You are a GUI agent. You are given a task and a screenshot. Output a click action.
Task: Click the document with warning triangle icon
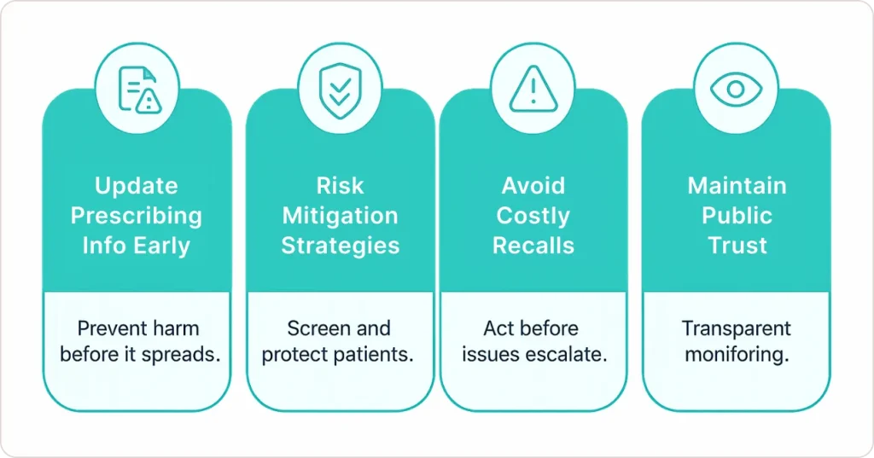click(137, 89)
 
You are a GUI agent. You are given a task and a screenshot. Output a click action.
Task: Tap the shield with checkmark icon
click(340, 89)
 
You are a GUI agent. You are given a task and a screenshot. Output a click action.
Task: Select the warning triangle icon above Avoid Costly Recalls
click(533, 89)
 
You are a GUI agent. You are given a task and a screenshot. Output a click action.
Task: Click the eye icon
click(735, 89)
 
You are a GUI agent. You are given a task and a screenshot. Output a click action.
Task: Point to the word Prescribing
click(137, 216)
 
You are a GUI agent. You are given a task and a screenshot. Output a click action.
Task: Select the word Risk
click(340, 186)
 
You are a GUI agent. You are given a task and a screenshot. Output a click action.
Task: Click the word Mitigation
click(340, 216)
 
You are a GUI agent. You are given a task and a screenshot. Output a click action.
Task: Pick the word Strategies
click(340, 246)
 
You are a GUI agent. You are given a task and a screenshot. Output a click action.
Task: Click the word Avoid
click(533, 186)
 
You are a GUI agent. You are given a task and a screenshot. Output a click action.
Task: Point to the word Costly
click(533, 216)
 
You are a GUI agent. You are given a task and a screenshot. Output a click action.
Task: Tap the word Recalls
click(533, 246)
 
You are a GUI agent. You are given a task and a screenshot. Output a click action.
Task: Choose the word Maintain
click(737, 186)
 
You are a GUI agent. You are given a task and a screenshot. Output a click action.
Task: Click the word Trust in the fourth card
click(737, 246)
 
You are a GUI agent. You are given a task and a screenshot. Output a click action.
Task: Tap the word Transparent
click(736, 328)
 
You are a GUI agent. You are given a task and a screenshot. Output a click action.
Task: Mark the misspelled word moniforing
click(736, 354)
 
